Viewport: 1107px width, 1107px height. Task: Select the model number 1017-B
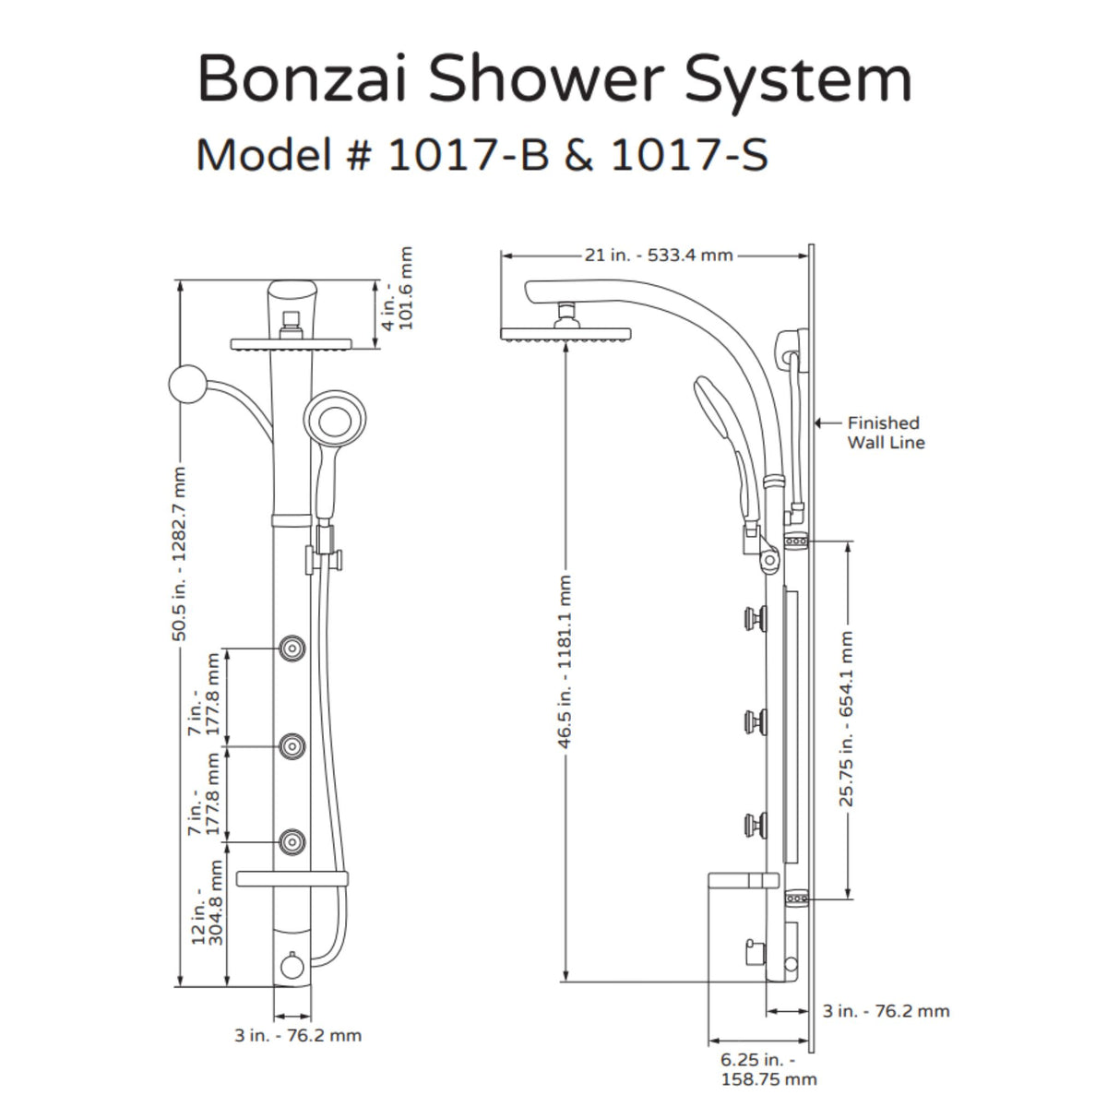pos(469,155)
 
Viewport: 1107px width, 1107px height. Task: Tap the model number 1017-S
pos(689,155)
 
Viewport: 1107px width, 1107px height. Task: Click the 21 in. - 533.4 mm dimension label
pos(658,255)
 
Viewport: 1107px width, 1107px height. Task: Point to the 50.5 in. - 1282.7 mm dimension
pos(180,554)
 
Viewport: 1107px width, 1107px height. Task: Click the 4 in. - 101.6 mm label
pos(399,289)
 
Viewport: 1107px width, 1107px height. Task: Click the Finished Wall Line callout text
pos(886,433)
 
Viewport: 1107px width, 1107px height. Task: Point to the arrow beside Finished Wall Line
pos(828,423)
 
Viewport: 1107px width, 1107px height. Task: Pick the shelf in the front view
pos(292,878)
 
